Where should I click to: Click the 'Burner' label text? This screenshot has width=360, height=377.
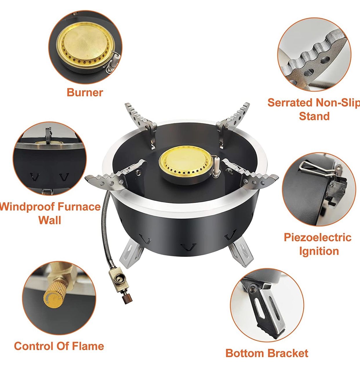85,92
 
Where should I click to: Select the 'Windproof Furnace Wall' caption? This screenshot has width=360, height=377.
50,213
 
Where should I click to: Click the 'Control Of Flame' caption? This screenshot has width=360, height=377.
59,346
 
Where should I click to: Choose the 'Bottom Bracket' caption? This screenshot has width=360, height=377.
267,353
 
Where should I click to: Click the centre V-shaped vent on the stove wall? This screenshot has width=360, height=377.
188,247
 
